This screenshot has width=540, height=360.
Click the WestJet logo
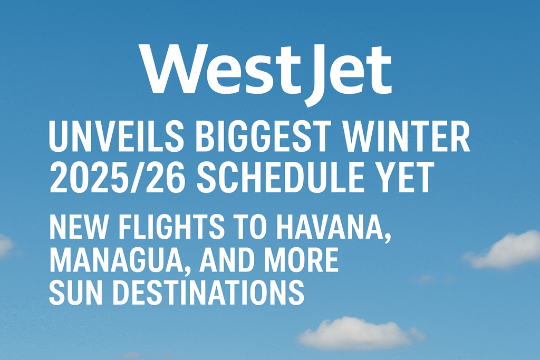(x=265, y=73)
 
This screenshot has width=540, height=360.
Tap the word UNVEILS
(x=117, y=137)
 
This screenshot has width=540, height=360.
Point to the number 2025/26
(x=117, y=178)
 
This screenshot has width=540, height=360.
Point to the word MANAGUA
(x=115, y=260)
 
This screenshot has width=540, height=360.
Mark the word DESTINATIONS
(x=208, y=292)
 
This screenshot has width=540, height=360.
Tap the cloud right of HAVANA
(x=502, y=250)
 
